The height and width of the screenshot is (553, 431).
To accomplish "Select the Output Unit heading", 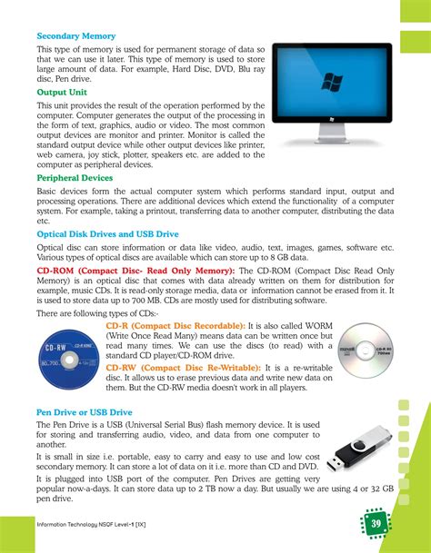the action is tap(61, 92).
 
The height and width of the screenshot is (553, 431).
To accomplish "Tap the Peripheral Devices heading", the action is tap(74, 178).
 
